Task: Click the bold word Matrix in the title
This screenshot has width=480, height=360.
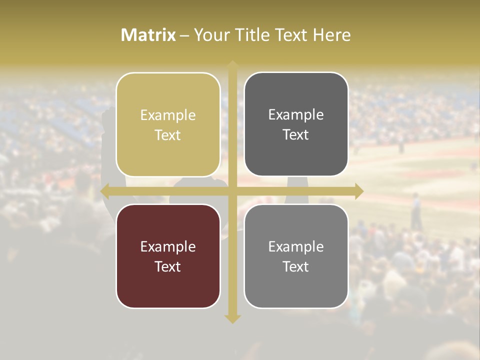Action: pos(148,35)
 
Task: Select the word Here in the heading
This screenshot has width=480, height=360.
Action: pos(331,35)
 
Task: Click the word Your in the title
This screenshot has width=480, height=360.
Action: pos(209,35)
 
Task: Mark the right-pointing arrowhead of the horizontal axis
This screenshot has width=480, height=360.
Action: pos(358,191)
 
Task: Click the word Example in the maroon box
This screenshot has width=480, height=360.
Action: pos(168,246)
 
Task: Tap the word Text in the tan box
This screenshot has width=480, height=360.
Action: pos(168,135)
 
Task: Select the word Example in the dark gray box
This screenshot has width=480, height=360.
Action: pos(296,114)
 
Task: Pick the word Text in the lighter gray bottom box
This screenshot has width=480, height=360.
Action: pos(296,266)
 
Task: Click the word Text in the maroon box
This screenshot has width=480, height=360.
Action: pos(168,266)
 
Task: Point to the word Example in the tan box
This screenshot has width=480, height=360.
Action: pos(168,115)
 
